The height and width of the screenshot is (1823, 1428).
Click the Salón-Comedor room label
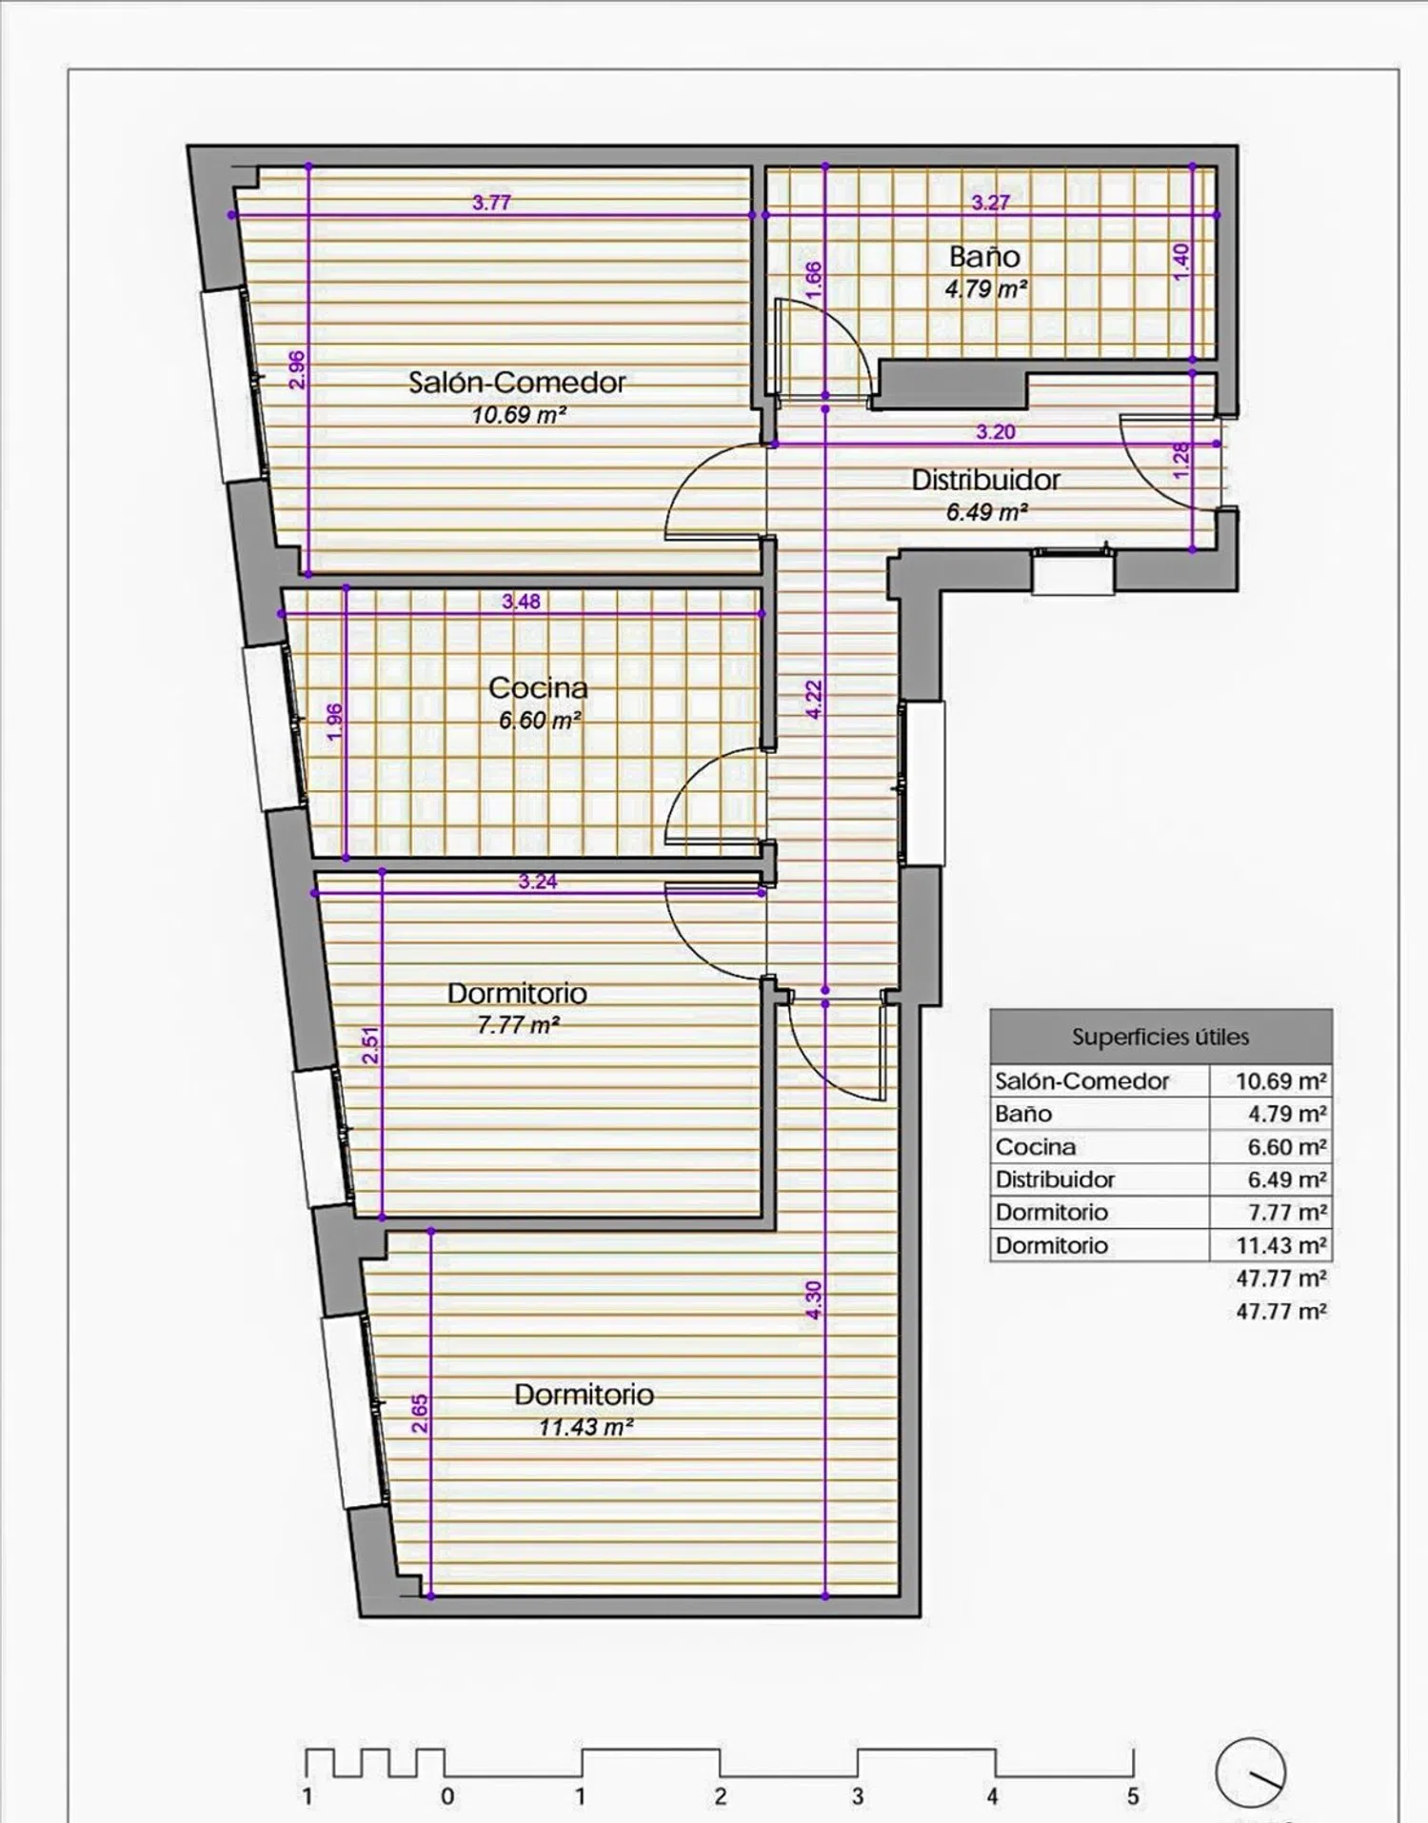pos(517,383)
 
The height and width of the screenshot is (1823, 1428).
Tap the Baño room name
pos(984,256)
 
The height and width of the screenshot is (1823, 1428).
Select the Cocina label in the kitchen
pos(538,687)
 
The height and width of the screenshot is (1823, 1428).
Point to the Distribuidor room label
pos(985,480)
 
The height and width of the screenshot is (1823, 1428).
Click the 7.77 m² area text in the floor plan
pos(518,1025)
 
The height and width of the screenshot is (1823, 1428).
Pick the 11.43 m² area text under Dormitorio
pos(585,1427)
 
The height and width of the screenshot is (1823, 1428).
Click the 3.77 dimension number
pos(491,203)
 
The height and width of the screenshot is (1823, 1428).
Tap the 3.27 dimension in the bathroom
pos(990,203)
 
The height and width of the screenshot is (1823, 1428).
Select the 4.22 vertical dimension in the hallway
pos(813,700)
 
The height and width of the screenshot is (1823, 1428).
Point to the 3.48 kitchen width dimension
pos(521,602)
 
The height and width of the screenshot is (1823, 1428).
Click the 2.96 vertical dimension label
pos(297,369)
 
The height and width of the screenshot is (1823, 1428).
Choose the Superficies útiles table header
pos(1160,1037)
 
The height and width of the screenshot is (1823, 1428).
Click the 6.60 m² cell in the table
pos(1287,1147)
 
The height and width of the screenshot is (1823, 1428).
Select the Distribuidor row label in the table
pos(1055,1180)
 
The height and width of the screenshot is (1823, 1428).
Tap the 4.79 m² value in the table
pos(1287,1114)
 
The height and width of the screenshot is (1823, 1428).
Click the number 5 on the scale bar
pos(1133,1796)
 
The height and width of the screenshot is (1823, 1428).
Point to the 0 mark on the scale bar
pos(447,1796)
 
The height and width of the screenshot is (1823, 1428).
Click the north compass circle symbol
pos(1251,1773)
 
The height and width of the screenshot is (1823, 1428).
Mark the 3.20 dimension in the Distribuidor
pos(995,432)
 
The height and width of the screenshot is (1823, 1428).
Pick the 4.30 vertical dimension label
pos(813,1300)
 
